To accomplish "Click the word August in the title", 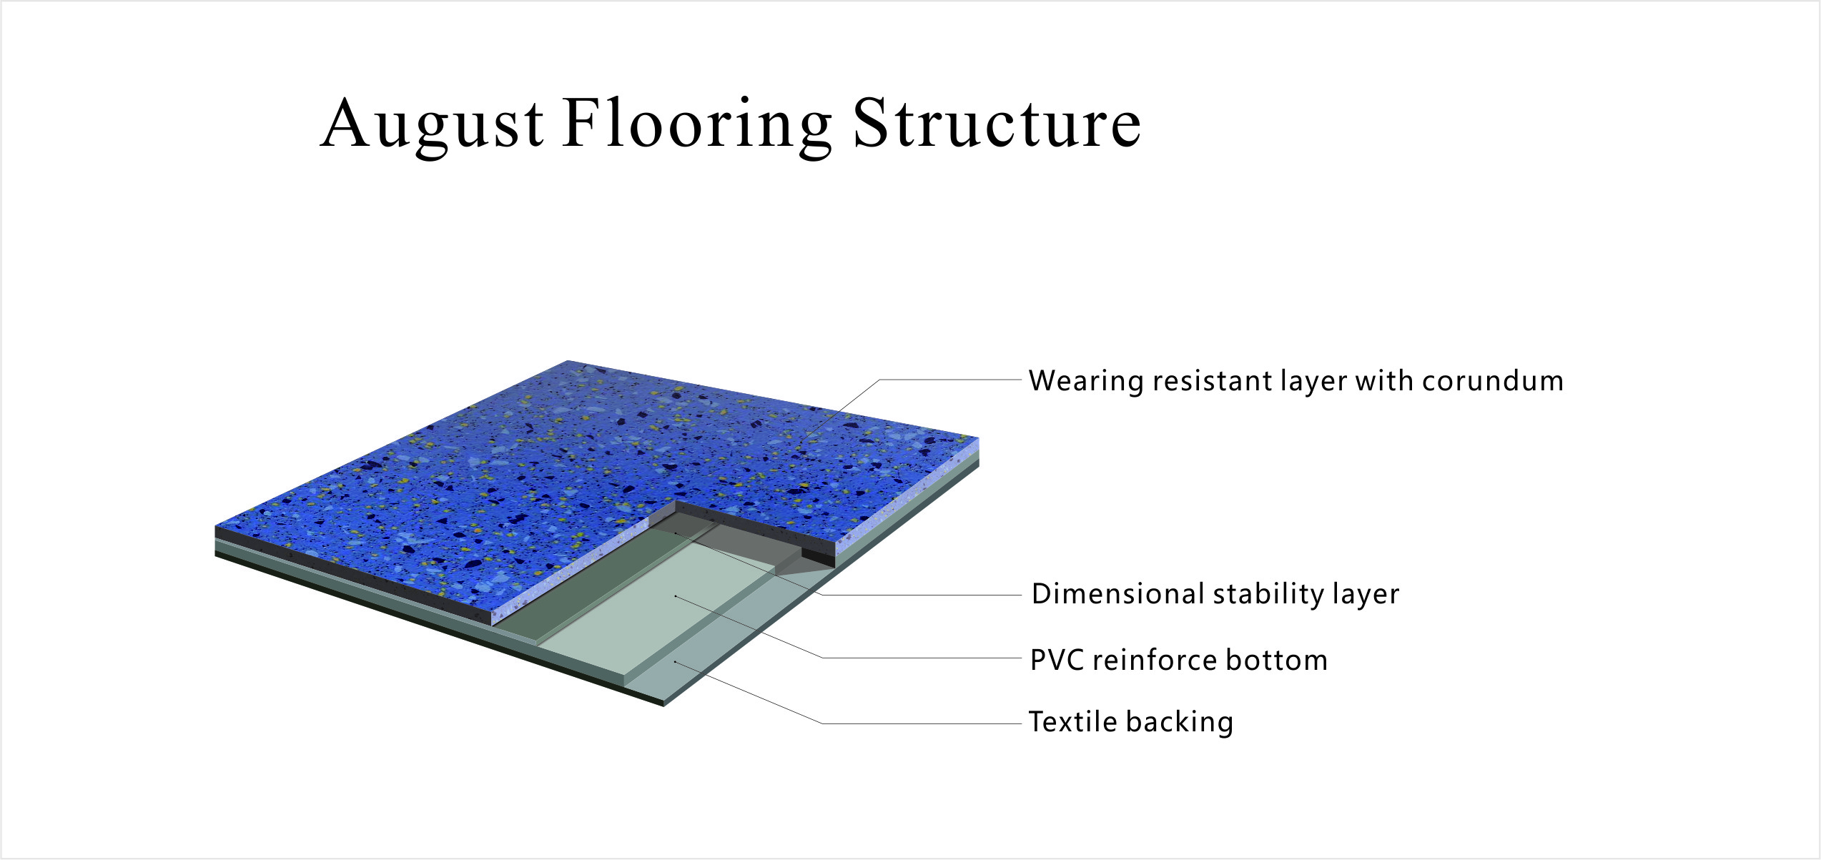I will coord(432,124).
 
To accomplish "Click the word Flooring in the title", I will coord(697,124).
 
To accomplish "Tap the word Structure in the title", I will coord(997,124).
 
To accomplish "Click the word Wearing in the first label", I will coord(1086,381).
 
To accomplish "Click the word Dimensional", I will coord(1118,594).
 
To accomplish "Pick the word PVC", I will coord(1056,660).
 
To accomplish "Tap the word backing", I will coord(1180,722).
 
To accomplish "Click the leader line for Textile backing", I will coord(922,723).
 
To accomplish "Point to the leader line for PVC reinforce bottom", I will coord(922,658).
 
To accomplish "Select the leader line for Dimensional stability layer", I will coord(922,595).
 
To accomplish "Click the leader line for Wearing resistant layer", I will coord(951,380).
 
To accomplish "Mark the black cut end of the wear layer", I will coord(818,556).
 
